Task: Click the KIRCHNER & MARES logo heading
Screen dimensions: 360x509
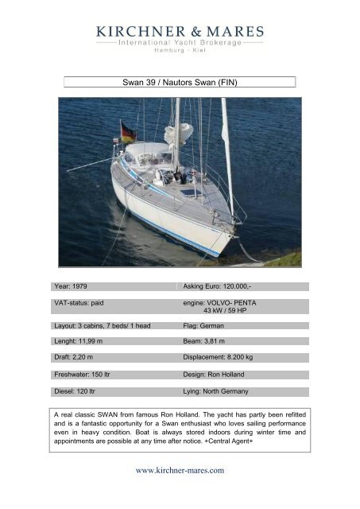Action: point(180,32)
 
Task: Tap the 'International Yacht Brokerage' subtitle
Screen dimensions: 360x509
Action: point(180,46)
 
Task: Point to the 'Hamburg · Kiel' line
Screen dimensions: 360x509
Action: point(180,57)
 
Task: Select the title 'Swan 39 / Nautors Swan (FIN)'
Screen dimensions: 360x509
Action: point(179,81)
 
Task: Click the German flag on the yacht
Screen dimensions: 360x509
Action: point(126,132)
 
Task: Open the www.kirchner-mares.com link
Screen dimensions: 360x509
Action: point(180,471)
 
